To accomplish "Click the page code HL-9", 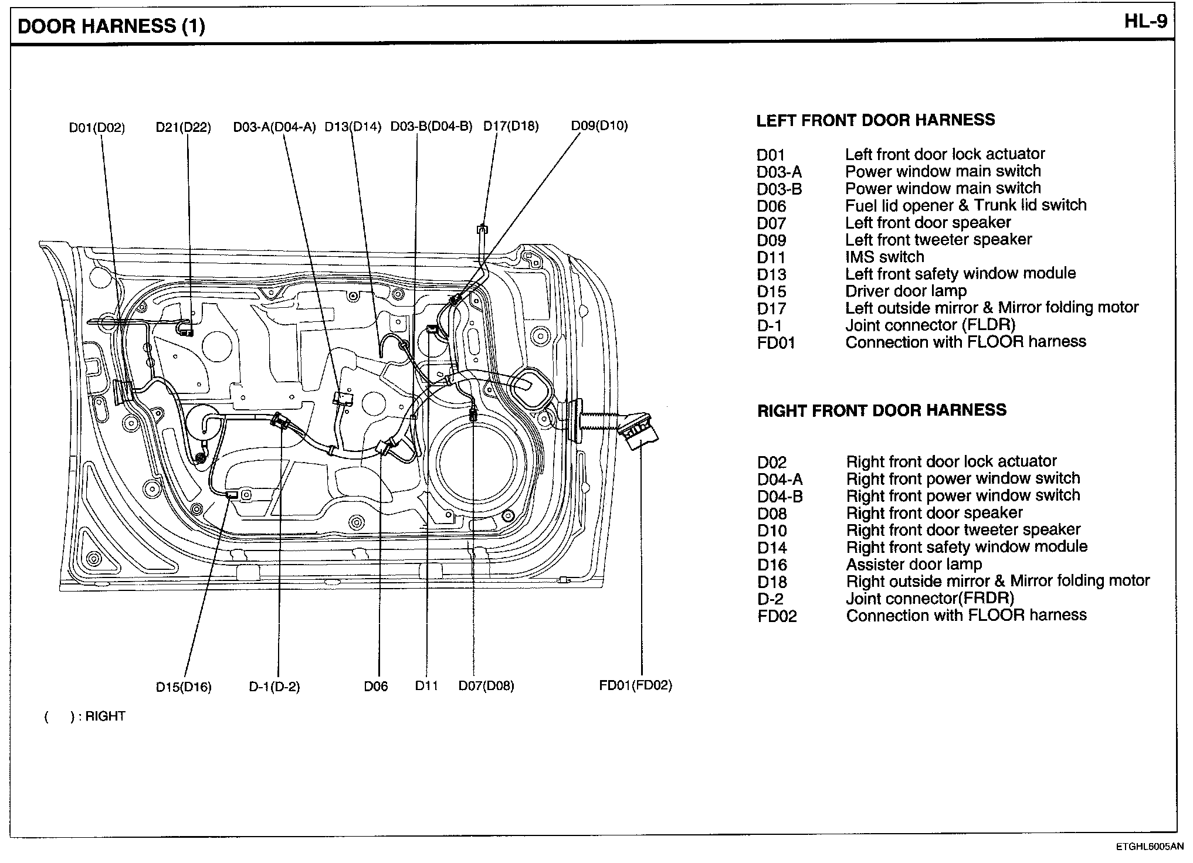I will pos(1145,22).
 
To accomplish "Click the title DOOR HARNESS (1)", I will pos(111,26).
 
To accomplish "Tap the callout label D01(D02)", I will pos(97,127).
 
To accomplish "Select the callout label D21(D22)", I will pos(183,127).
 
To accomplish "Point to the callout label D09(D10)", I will pos(599,125).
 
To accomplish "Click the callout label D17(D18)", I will pos(511,126).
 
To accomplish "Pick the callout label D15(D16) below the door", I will pos(184,687).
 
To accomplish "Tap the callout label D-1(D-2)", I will pos(274,687).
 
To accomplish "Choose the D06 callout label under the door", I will pos(376,687).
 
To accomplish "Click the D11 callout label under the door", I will pos(427,685).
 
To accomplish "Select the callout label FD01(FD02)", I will pos(636,685).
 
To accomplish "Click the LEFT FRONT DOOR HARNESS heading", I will pos(875,120).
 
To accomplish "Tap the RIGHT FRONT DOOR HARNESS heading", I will pos(882,410).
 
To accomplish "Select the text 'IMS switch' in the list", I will pos(884,257).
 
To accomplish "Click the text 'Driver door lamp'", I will pos(906,291).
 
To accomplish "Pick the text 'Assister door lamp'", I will pos(914,565).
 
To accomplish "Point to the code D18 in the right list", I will pos(772,582).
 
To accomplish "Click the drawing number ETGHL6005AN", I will pos(1150,847).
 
